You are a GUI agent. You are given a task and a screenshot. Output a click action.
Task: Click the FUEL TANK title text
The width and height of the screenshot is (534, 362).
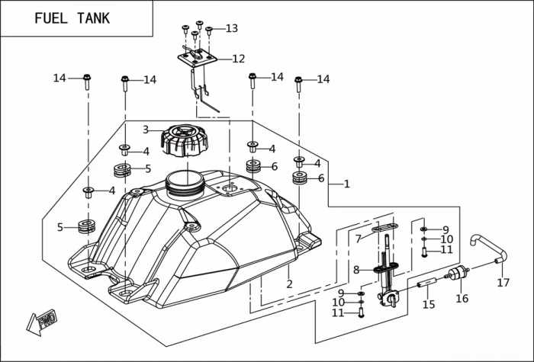coord(72,18)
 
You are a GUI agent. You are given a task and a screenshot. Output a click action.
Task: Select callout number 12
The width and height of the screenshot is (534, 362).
coord(239,59)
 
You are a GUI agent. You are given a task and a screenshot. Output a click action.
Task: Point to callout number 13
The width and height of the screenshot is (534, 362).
coord(231,29)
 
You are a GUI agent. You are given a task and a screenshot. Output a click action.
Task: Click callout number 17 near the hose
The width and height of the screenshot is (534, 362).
coord(503,283)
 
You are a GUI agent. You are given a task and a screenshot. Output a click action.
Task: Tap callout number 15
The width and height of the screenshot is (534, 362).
coord(429,305)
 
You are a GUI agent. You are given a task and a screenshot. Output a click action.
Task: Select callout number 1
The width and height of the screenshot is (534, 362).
coord(346,184)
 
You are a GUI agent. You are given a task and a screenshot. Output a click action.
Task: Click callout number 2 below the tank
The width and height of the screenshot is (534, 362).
coord(289,284)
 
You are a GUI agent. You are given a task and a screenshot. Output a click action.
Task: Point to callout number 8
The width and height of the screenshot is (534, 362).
coord(356,269)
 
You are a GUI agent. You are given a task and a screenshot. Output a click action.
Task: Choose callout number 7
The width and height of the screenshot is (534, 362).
coord(358,239)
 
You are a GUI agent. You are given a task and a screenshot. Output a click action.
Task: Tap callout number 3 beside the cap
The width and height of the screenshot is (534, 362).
coord(146,130)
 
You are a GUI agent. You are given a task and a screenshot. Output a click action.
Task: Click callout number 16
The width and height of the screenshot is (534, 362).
coord(462,299)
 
